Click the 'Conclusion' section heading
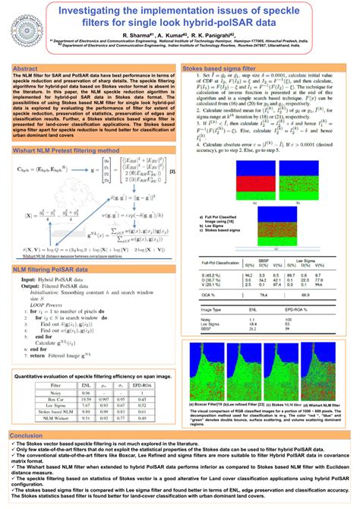pyautogui.click(x=27, y=435)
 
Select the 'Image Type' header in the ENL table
pyautogui.click(x=205, y=309)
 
